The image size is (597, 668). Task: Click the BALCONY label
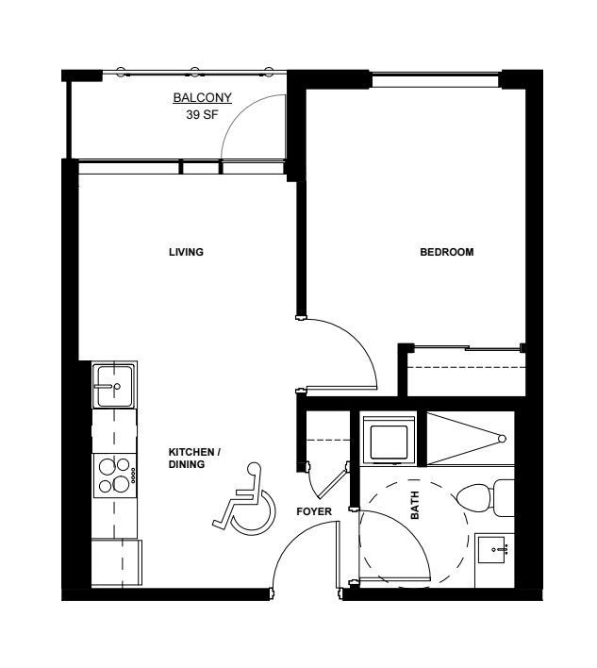(202, 97)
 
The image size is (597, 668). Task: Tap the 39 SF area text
(202, 114)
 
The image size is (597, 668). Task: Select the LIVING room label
(186, 252)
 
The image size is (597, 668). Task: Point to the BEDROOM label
(447, 252)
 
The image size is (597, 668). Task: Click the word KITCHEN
(191, 452)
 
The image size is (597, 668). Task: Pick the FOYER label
(314, 511)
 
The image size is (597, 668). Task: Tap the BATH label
(414, 506)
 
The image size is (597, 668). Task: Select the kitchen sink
(114, 386)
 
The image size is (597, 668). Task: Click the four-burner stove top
(115, 475)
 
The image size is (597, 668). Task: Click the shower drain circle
(502, 439)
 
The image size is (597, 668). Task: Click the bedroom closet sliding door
(467, 348)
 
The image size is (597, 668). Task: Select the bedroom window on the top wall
(435, 80)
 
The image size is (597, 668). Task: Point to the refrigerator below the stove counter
(117, 562)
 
